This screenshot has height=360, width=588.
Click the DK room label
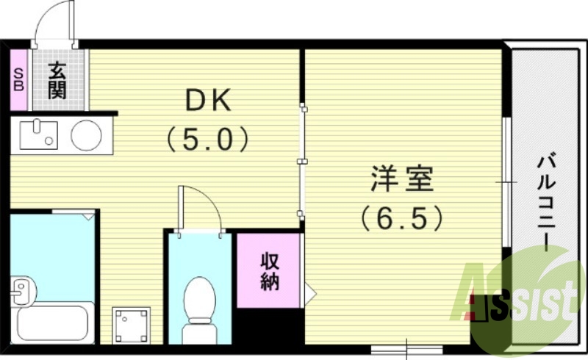[x=208, y=100]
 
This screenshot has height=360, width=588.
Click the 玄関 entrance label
[x=58, y=80]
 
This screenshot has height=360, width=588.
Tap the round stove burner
[x=87, y=134]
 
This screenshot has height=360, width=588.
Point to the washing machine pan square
[x=131, y=325]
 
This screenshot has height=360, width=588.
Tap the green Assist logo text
[x=522, y=298]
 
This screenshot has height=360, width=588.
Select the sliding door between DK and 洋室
[x=301, y=162]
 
